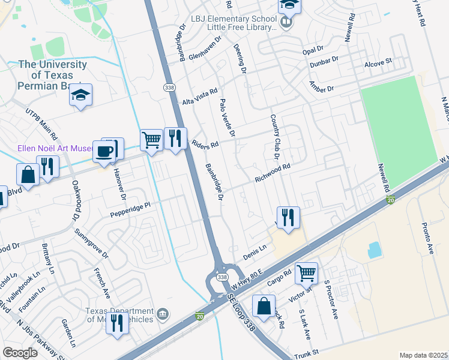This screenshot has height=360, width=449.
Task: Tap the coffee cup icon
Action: [x=106, y=151]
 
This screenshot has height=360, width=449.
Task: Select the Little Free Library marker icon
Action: [x=286, y=23]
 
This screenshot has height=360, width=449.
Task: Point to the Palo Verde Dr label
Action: [x=228, y=118]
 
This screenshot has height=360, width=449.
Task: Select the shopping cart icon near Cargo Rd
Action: [x=307, y=273]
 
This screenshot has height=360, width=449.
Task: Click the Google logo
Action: [x=20, y=353]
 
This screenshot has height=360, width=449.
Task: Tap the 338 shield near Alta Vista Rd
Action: [x=170, y=88]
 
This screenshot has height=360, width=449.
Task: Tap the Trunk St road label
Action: [x=306, y=355]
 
